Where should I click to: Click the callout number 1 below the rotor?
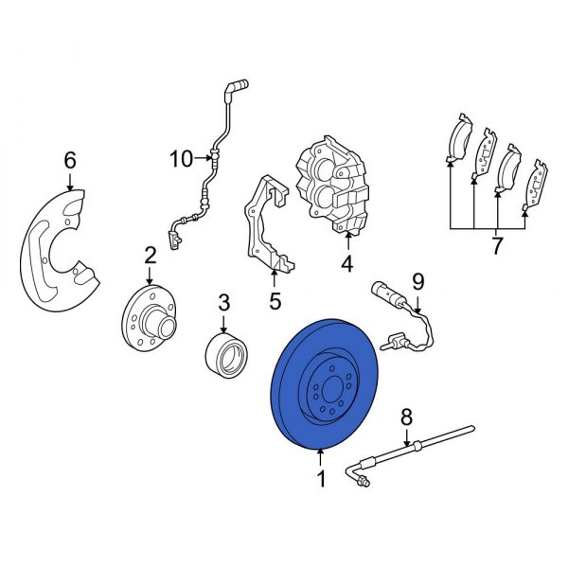321,480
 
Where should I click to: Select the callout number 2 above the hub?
150,254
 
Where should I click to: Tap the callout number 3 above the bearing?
223,303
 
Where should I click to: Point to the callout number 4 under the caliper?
347,264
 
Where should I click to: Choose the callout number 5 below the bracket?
275,303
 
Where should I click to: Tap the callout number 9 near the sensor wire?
418,281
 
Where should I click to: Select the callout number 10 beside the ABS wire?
181,159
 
